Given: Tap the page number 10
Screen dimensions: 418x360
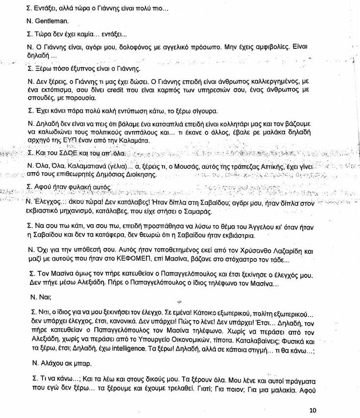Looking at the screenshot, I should pyautogui.click(x=313, y=410).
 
